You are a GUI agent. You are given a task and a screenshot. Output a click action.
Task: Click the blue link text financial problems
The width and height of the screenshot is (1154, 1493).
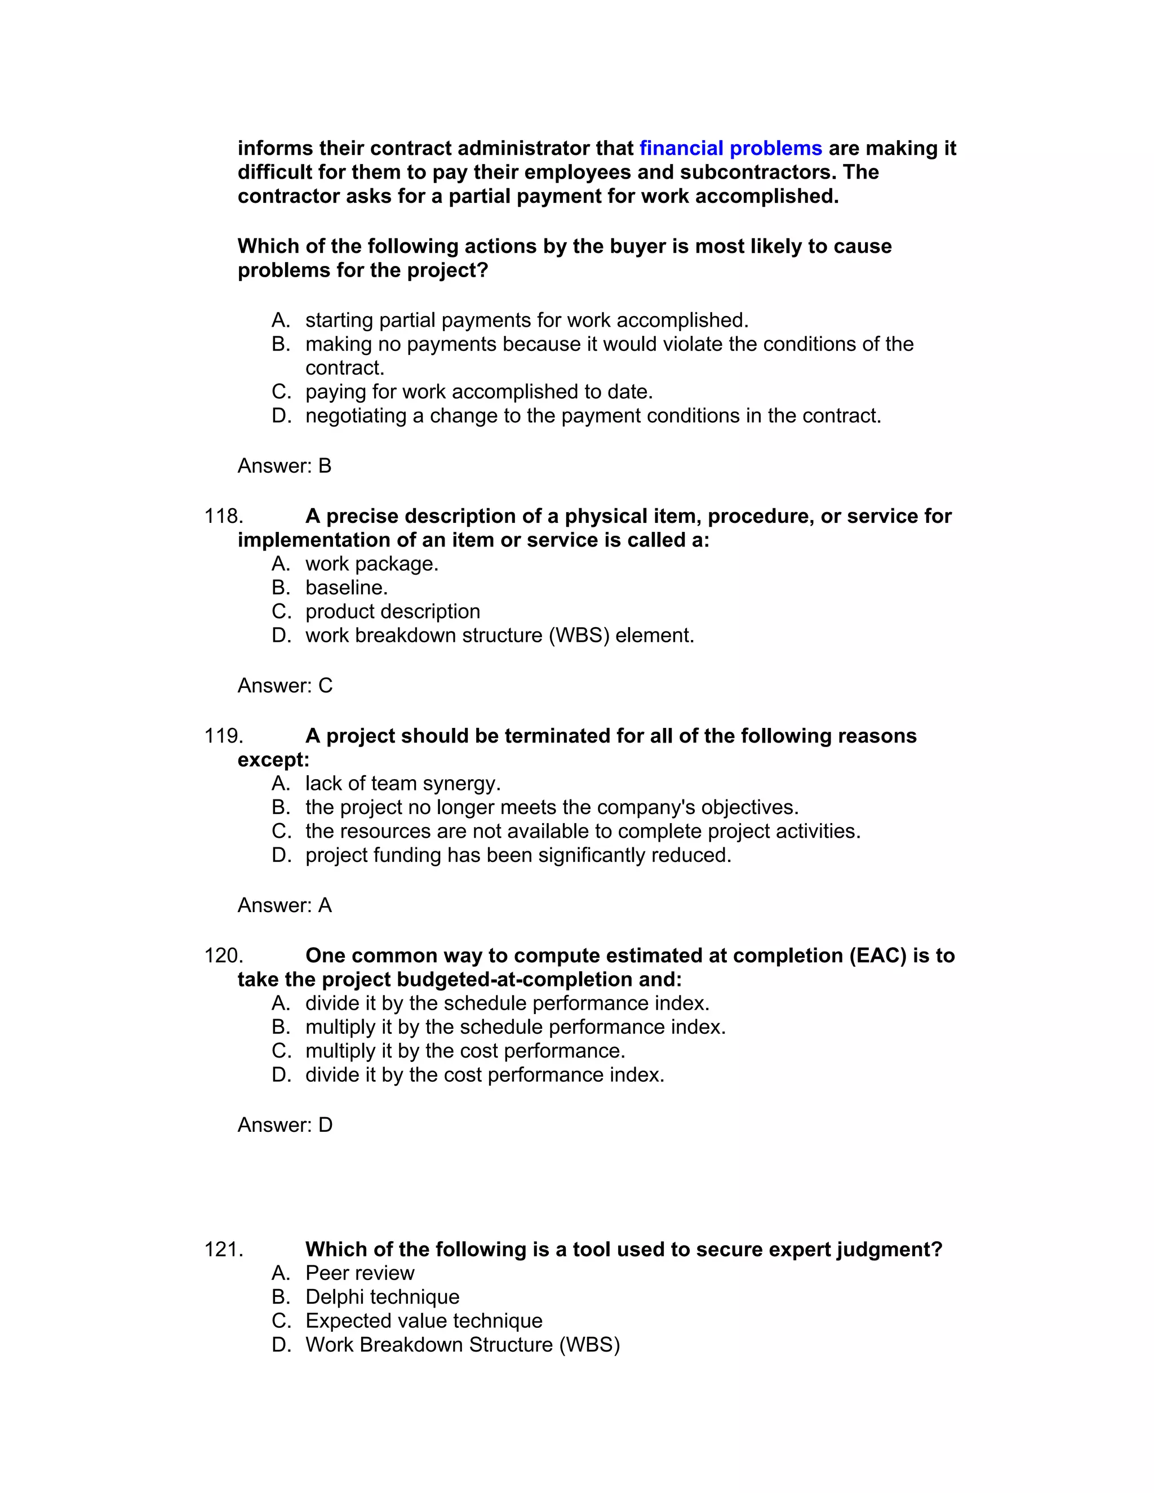[x=730, y=148]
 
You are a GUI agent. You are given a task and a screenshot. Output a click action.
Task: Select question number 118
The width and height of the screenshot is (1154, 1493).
[x=224, y=516]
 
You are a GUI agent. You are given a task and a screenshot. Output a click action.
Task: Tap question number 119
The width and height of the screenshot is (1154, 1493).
[x=224, y=736]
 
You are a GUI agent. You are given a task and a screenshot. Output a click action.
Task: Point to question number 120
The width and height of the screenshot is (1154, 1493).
[x=224, y=956]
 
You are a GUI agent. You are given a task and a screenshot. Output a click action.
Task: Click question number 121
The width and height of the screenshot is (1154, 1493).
[x=224, y=1250]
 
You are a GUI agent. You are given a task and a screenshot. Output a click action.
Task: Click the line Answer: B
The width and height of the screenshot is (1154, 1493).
[x=285, y=466]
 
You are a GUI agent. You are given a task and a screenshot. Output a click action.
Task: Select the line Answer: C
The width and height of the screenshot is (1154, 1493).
[x=285, y=686]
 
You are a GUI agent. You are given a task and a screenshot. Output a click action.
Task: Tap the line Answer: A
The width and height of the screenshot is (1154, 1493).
[x=285, y=906]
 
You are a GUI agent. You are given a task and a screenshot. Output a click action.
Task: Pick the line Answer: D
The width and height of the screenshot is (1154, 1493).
[x=285, y=1125]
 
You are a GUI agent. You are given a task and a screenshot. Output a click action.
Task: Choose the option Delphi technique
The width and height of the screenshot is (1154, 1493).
[x=382, y=1298]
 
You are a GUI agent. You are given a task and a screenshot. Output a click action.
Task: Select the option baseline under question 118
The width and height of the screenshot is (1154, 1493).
[x=346, y=588]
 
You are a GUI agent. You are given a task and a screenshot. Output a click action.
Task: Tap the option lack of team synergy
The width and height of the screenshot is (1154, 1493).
[x=403, y=784]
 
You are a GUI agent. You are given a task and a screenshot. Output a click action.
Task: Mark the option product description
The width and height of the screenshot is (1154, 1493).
[x=392, y=612]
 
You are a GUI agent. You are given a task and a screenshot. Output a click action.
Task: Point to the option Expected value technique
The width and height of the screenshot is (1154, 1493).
[x=424, y=1321]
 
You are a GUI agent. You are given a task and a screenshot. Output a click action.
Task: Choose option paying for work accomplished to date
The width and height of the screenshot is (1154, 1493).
[x=478, y=392]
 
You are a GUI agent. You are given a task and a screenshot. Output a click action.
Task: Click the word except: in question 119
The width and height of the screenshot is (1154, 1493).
[x=273, y=760]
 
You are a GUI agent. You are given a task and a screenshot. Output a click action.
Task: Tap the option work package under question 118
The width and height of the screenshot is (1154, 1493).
[x=371, y=564]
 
